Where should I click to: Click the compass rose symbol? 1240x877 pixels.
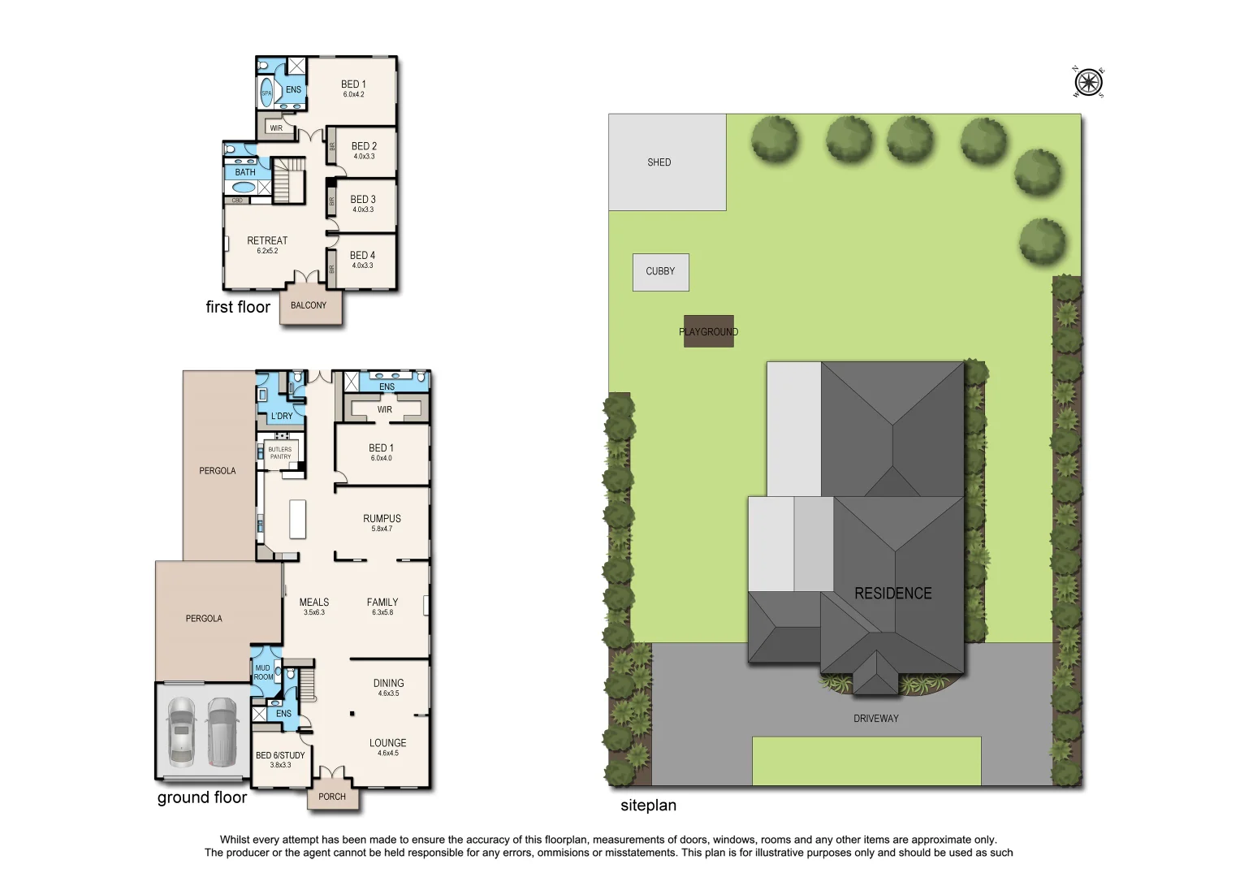tap(1088, 83)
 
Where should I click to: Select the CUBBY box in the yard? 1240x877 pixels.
tap(660, 272)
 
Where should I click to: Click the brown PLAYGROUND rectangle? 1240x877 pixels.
tap(708, 331)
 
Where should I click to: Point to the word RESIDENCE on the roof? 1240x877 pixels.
tap(892, 594)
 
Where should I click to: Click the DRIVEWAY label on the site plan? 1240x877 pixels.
tap(875, 719)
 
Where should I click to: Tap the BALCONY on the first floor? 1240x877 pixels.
tap(309, 306)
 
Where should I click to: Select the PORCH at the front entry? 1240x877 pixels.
tap(331, 797)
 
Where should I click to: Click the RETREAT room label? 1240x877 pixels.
tap(267, 241)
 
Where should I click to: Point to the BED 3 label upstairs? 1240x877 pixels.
tap(363, 200)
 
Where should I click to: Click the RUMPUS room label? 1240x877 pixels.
tap(382, 519)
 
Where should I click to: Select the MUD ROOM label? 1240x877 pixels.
tap(263, 672)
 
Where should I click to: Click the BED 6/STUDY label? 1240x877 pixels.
tap(280, 755)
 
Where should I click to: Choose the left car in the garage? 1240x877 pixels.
tap(181, 732)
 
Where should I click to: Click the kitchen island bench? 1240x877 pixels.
tap(298, 519)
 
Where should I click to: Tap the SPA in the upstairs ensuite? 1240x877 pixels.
tap(266, 93)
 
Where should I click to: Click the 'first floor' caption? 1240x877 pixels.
tap(237, 307)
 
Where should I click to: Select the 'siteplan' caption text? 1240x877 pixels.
tap(648, 806)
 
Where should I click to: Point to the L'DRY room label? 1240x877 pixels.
tap(282, 416)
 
